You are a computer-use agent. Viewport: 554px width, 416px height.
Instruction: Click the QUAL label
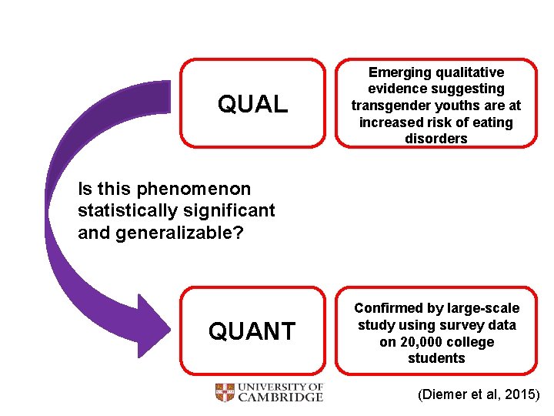252,104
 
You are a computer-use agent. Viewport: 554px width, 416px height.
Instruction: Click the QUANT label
252,331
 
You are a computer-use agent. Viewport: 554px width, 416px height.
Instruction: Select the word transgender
391,106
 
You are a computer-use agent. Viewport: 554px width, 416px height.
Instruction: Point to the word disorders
436,139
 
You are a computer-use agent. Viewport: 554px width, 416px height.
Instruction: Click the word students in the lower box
436,358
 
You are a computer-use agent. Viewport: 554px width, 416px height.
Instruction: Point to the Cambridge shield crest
225,393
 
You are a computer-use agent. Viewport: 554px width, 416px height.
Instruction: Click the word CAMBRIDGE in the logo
280,398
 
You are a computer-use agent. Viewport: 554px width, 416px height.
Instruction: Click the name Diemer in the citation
442,395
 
